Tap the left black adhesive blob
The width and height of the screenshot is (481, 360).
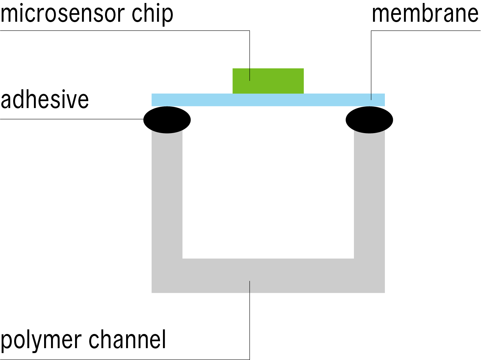(167, 120)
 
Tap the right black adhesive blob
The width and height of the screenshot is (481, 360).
(369, 120)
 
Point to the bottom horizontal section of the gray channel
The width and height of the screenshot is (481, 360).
(296, 276)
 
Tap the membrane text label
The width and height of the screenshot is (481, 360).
(425, 14)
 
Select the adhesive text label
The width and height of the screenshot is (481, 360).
(45, 99)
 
